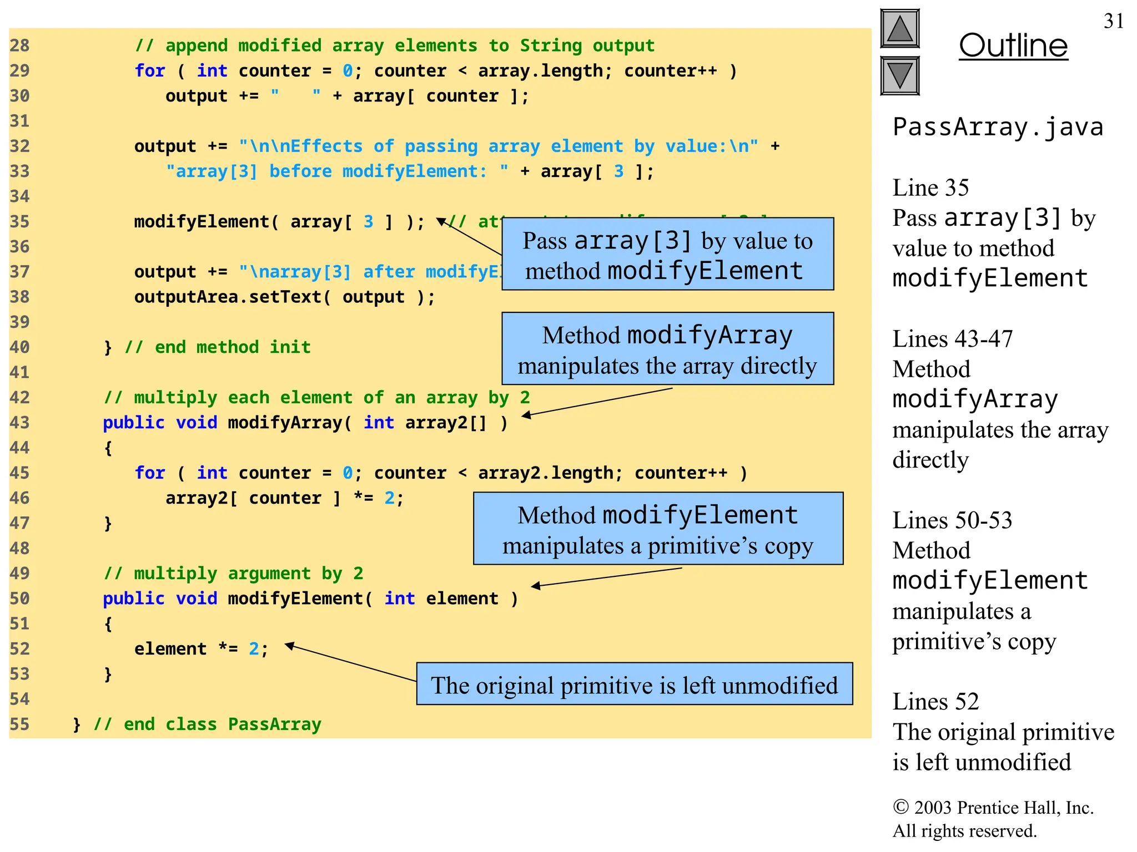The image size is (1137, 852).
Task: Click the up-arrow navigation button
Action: pos(900,29)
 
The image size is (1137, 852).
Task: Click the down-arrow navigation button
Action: pos(900,75)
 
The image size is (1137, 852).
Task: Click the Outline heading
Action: pos(1013,45)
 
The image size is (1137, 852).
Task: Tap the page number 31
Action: pos(1113,21)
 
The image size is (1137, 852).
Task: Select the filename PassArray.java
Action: pos(998,127)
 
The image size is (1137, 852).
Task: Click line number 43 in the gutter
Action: pos(19,423)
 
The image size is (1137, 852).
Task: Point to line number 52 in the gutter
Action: pos(19,649)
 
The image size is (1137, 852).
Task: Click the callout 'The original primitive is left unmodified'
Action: pos(634,684)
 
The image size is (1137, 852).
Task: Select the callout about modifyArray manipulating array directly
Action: pos(667,349)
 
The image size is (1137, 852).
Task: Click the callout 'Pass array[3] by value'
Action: pos(667,254)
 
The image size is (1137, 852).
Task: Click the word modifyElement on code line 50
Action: pos(295,599)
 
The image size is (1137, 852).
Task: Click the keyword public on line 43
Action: pos(133,423)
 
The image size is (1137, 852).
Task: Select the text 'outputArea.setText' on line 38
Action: pos(228,297)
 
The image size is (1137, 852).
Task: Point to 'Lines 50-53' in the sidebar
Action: pos(952,520)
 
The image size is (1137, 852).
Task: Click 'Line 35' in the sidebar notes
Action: pos(930,188)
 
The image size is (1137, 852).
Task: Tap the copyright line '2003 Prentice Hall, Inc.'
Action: pos(993,808)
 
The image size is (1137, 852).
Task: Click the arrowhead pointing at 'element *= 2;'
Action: pos(289,645)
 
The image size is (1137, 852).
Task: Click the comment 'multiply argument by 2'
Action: pos(233,574)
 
